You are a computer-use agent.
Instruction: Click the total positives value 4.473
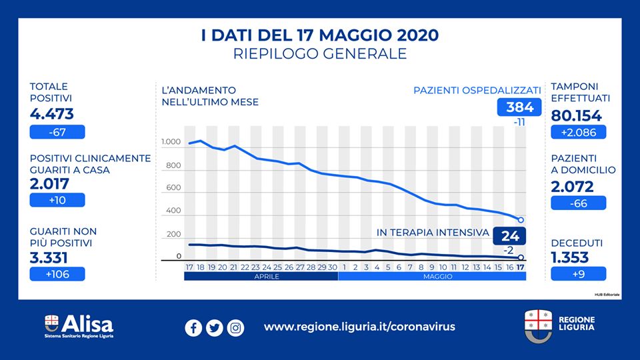(x=52, y=114)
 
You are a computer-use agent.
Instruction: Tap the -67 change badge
(x=57, y=132)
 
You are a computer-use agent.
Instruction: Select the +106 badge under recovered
(x=57, y=273)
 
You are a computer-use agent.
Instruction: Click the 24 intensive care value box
(x=509, y=236)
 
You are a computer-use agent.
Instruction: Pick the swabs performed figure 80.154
(x=577, y=115)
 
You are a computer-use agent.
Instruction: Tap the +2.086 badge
(x=578, y=132)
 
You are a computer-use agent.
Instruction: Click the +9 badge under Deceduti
(x=578, y=273)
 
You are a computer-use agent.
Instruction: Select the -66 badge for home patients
(x=578, y=203)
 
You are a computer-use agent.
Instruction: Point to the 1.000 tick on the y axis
(x=171, y=143)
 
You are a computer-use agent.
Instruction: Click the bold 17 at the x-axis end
(x=521, y=267)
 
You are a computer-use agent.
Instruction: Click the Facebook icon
(x=193, y=328)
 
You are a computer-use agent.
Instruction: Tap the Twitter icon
(x=214, y=328)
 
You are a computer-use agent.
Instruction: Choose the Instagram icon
(x=235, y=328)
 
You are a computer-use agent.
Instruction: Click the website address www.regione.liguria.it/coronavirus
(x=359, y=327)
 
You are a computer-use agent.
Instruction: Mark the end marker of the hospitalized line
(x=521, y=220)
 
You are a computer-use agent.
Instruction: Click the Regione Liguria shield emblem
(x=537, y=324)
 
